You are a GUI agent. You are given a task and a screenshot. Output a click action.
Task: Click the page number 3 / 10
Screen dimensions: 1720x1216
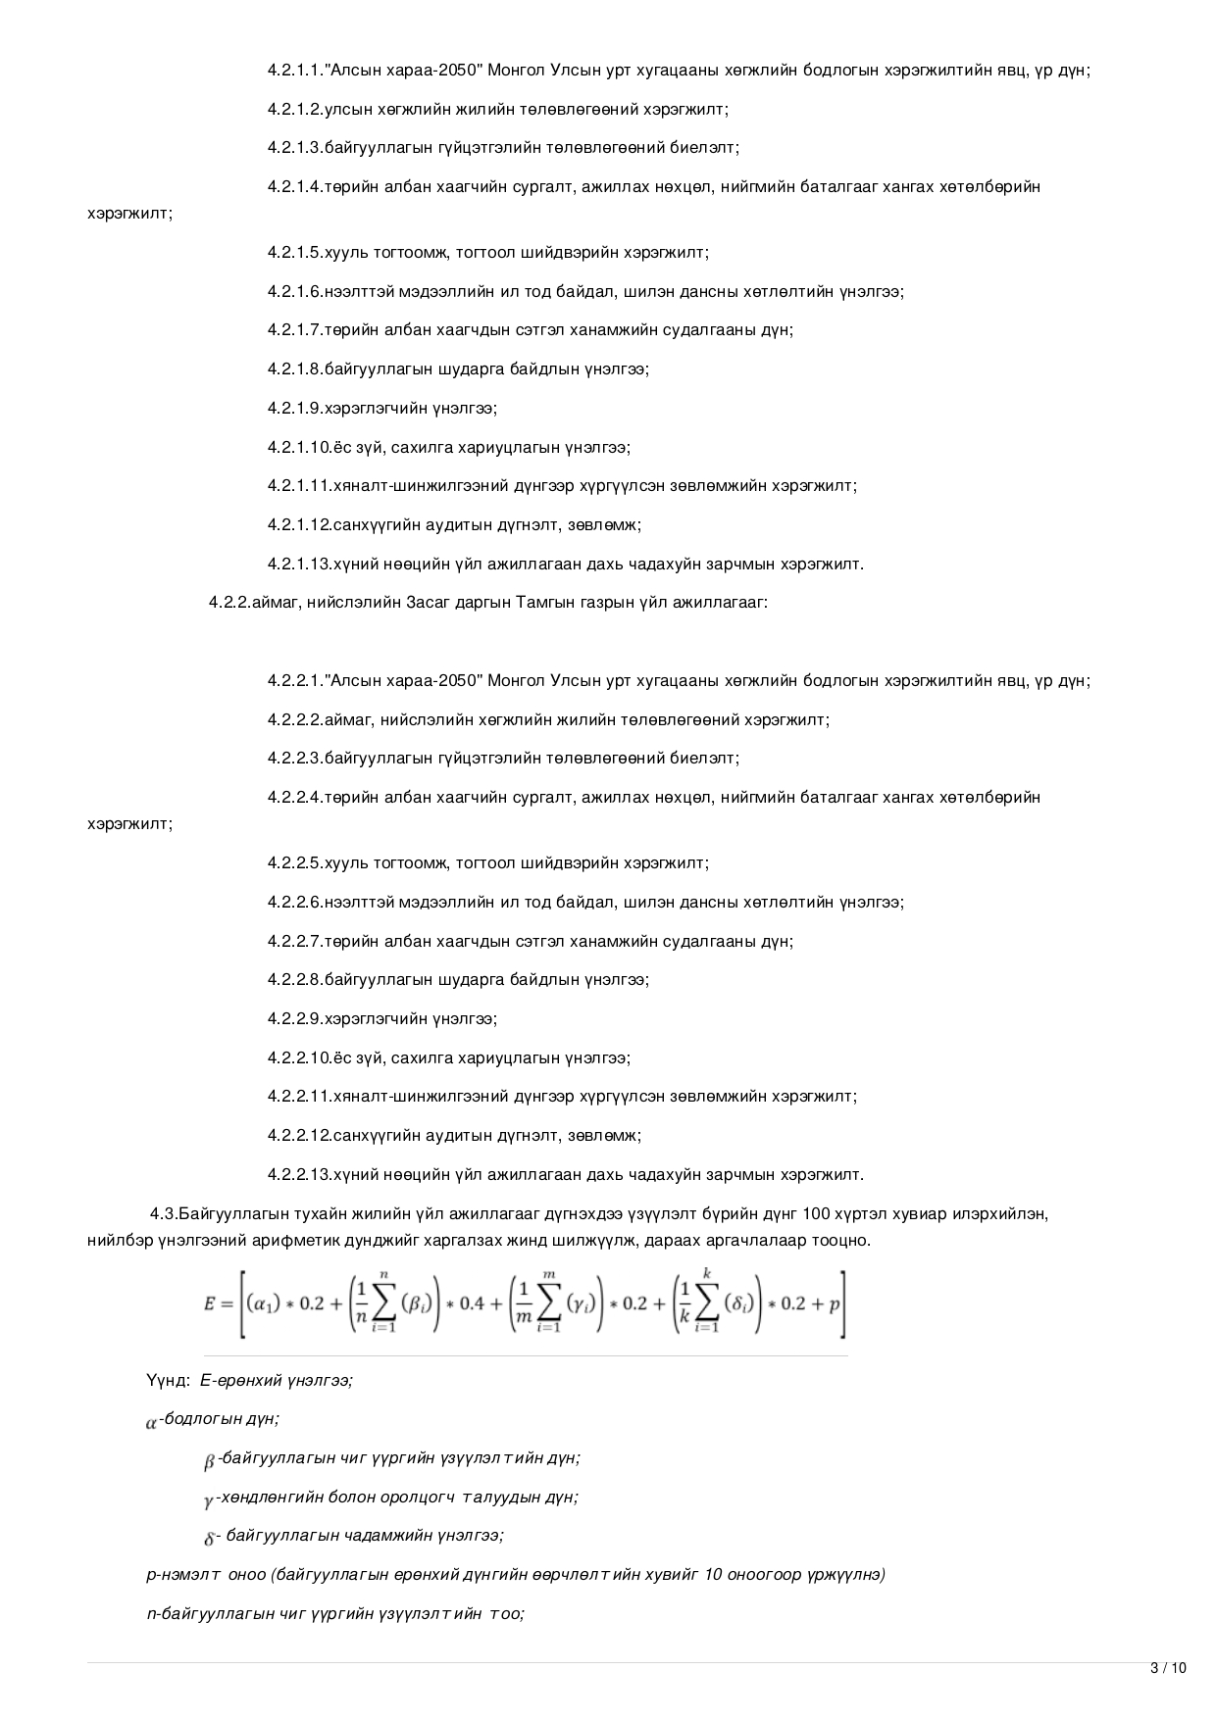click(x=1167, y=1668)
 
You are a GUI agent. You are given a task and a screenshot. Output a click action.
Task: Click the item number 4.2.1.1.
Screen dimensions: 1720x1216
click(x=297, y=71)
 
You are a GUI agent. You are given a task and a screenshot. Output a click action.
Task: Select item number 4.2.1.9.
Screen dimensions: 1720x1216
click(x=295, y=408)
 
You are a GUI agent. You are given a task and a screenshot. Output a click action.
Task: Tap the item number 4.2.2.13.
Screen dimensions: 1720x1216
click(x=300, y=1174)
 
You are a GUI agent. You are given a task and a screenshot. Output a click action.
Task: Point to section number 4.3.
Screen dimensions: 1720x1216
click(x=164, y=1213)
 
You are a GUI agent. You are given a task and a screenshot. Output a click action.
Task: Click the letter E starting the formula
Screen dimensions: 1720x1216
click(x=209, y=1303)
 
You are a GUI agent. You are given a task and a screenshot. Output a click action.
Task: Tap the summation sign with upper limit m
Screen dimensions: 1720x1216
click(x=550, y=1303)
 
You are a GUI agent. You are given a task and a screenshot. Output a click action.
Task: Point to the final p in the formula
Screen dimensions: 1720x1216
click(x=835, y=1303)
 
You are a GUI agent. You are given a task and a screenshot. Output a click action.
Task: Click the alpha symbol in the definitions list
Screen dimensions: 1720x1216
click(x=151, y=1423)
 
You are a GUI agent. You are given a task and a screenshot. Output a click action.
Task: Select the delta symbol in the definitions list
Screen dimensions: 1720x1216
click(x=209, y=1539)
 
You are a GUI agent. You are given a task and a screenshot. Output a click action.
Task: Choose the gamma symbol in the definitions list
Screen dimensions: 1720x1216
click(x=209, y=1500)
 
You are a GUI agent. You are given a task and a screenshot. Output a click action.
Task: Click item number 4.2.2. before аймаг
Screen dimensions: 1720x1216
click(x=229, y=603)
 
